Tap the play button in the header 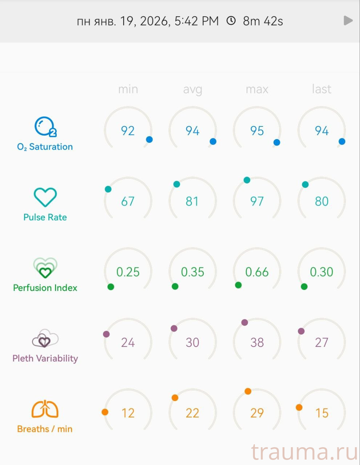click(x=348, y=21)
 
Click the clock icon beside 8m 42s click(x=231, y=21)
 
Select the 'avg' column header click(x=192, y=89)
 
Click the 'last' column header click(x=321, y=89)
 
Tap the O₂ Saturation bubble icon click(x=45, y=127)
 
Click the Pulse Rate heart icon click(x=45, y=197)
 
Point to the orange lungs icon click(x=45, y=409)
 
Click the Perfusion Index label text click(x=45, y=288)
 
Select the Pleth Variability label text click(x=45, y=358)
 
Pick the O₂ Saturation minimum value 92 click(x=128, y=131)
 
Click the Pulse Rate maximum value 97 click(x=257, y=201)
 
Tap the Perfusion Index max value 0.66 click(x=257, y=272)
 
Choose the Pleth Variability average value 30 click(x=192, y=342)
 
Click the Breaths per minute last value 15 click(x=321, y=413)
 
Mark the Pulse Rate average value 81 click(x=192, y=201)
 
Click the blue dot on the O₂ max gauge click(x=277, y=142)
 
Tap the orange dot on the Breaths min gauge click(x=105, y=412)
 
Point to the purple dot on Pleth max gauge click(x=245, y=322)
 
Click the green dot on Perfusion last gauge click(x=304, y=287)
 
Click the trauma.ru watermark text click(x=304, y=452)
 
